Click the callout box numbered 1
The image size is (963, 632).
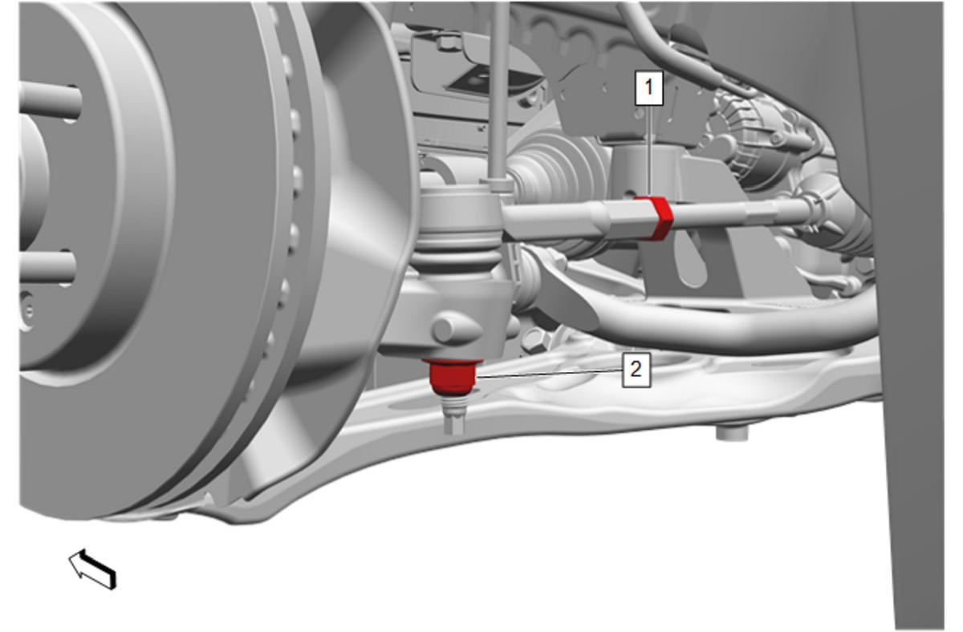tap(648, 88)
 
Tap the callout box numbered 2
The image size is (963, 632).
tap(636, 370)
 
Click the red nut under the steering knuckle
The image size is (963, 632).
tap(453, 377)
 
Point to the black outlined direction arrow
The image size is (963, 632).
tap(92, 569)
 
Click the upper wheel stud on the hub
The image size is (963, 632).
tap(50, 101)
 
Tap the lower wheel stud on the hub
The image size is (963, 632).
tap(47, 267)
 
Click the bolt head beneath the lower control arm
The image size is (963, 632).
tap(732, 431)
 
